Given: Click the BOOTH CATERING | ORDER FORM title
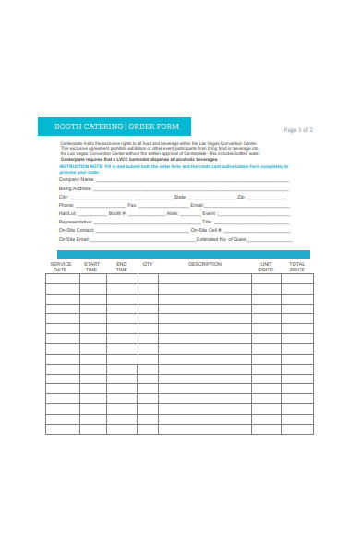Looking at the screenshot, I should click(114, 126).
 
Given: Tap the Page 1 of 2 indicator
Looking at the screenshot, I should click(298, 130).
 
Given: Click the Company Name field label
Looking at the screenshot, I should click(77, 179).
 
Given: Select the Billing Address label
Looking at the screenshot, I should click(76, 188).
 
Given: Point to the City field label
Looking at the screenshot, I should click(64, 197).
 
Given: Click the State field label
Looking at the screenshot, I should click(180, 197).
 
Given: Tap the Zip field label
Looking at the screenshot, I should click(242, 197).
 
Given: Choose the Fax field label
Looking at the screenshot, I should click(132, 205).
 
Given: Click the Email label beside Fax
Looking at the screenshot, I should click(197, 205).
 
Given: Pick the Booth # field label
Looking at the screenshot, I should click(117, 213).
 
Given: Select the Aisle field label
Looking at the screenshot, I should click(173, 213).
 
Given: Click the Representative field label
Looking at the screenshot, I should click(76, 222).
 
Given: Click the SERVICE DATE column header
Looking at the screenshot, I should click(61, 267).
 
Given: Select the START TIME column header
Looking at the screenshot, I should click(91, 267).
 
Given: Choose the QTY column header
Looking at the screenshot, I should click(148, 264).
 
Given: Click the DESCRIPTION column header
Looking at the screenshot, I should click(204, 264).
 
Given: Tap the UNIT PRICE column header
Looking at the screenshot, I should click(266, 267).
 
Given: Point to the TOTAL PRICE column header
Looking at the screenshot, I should click(297, 267).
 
